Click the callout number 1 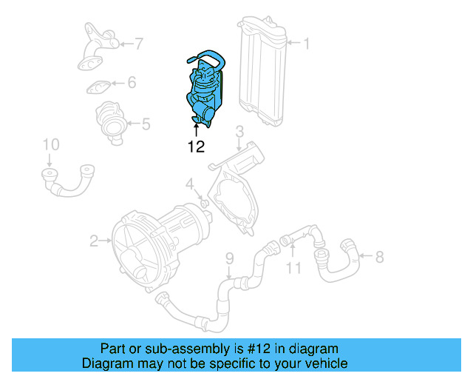click(x=305, y=44)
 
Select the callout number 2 click(x=94, y=240)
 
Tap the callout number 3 click(x=239, y=133)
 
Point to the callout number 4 click(x=189, y=184)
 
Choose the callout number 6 click(x=132, y=82)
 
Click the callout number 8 click(x=379, y=257)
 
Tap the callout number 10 click(x=50, y=144)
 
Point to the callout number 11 click(x=294, y=267)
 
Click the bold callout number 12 click(x=196, y=147)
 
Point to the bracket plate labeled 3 click(x=235, y=189)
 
